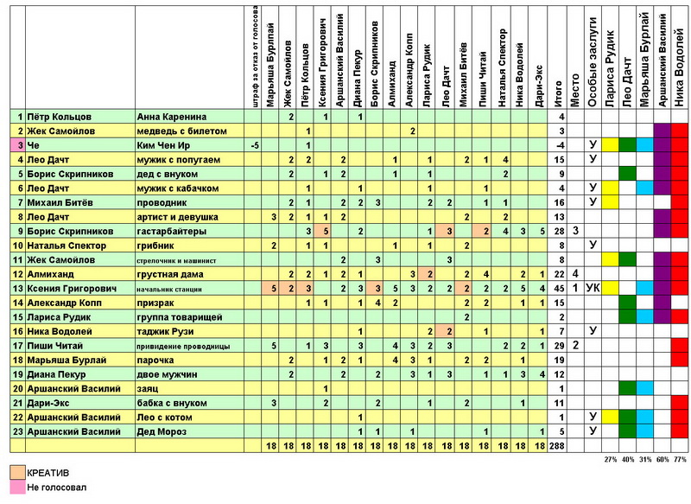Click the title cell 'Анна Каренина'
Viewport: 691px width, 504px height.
(x=172, y=116)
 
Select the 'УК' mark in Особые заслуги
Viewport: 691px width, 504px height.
(x=593, y=288)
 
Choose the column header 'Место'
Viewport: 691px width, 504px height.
(x=575, y=87)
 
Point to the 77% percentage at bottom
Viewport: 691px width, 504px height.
(x=681, y=458)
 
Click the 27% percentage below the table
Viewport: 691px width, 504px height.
(x=611, y=458)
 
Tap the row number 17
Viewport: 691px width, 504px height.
(x=17, y=345)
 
